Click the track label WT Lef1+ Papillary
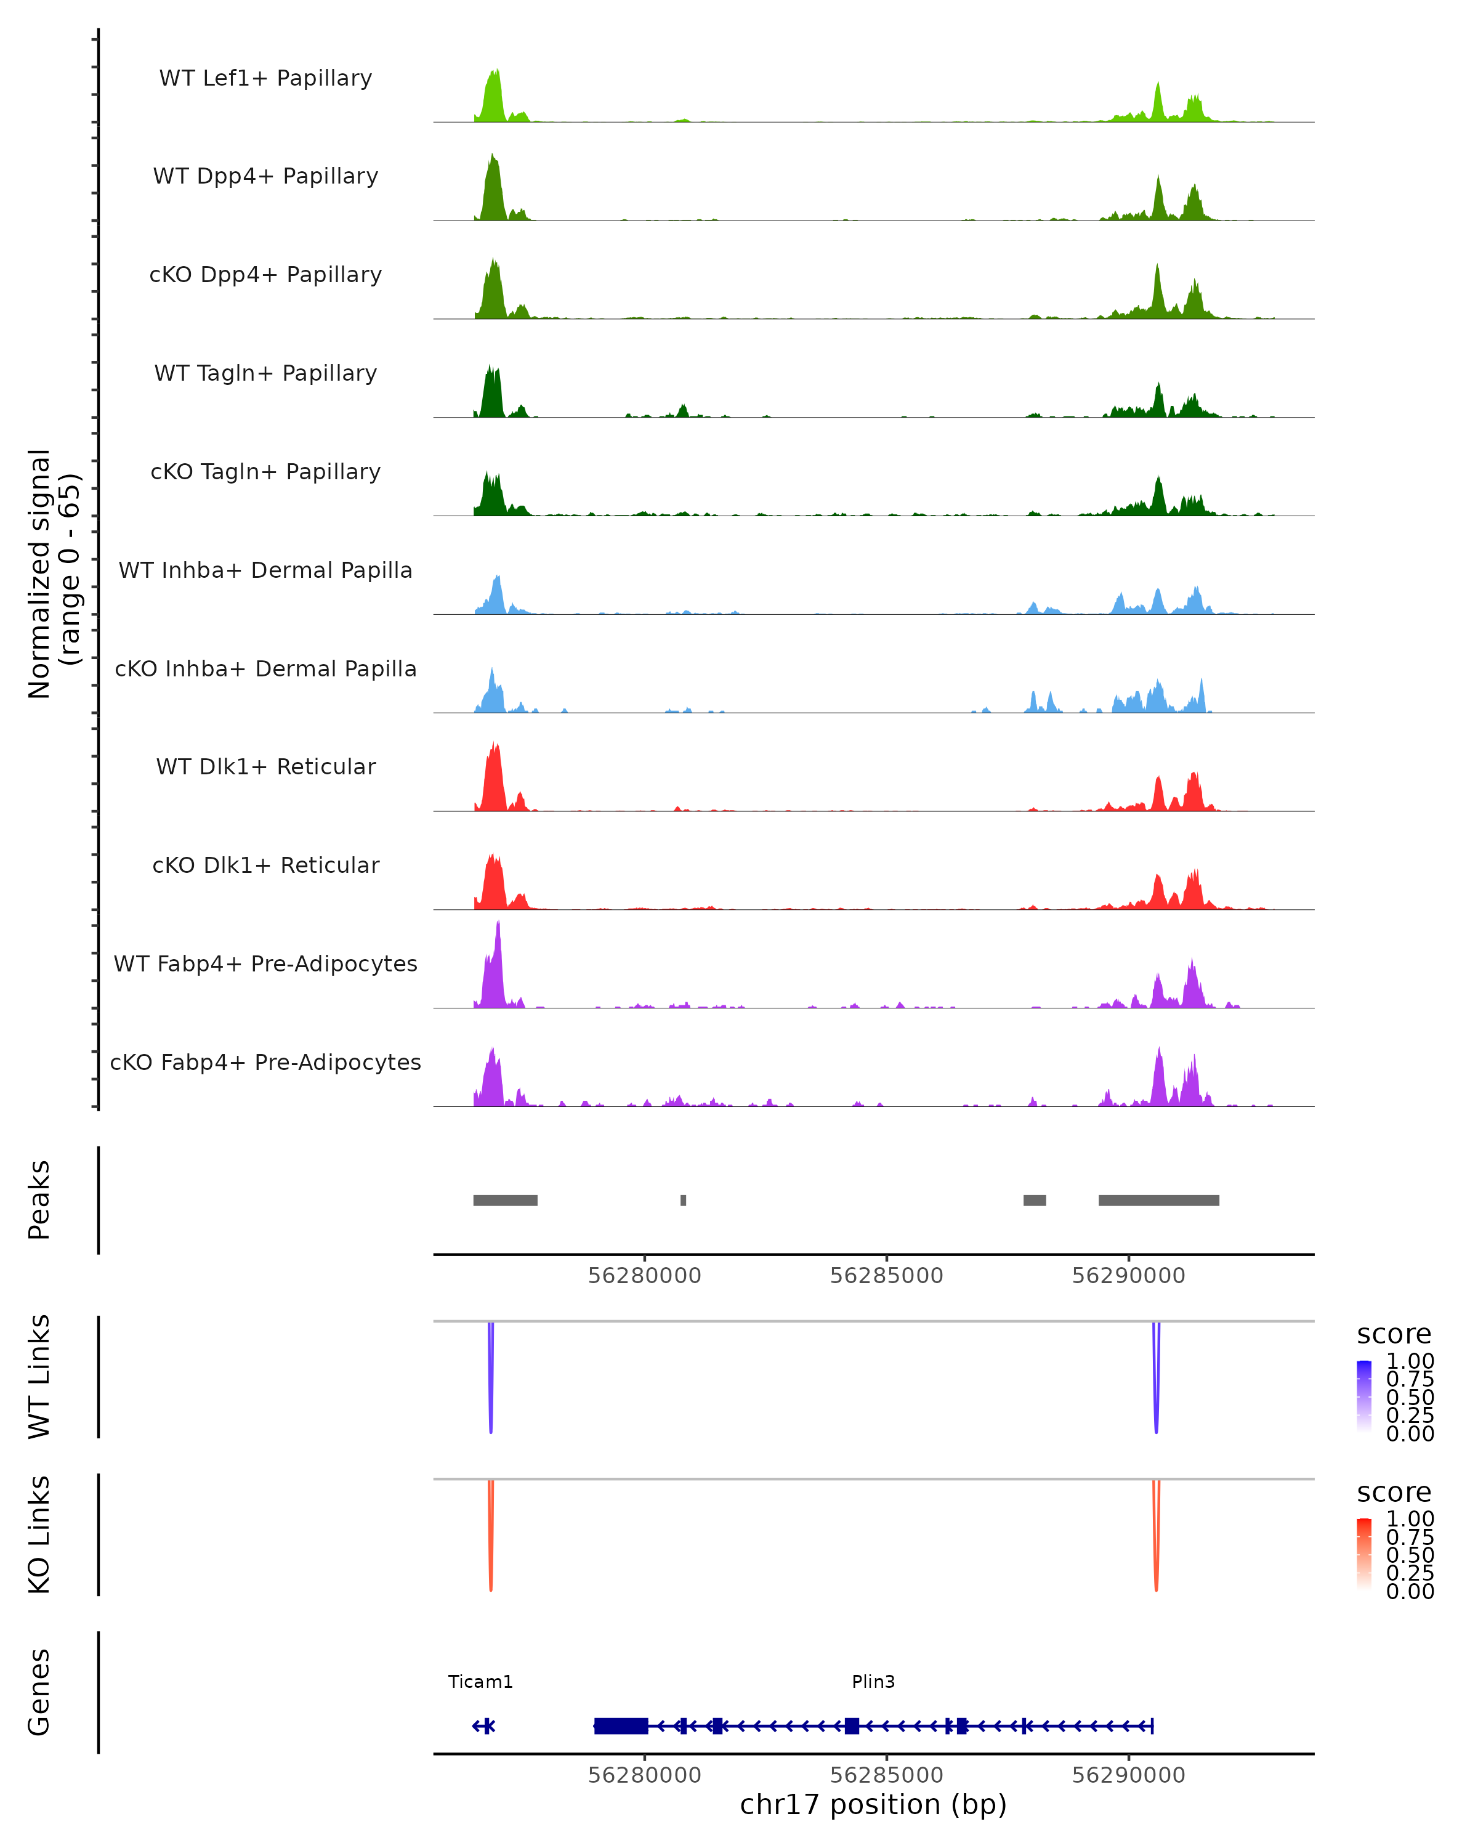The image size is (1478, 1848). pyautogui.click(x=265, y=78)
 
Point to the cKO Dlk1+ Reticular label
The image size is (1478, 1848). pyautogui.click(x=265, y=865)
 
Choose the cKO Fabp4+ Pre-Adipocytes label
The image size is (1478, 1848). pyautogui.click(x=265, y=1062)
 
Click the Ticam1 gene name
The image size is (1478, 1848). pyautogui.click(x=480, y=1681)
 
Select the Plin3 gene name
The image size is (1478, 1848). pyautogui.click(x=873, y=1681)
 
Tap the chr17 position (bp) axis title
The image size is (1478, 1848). pyautogui.click(x=873, y=1804)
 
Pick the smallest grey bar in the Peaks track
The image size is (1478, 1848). pyautogui.click(x=683, y=1200)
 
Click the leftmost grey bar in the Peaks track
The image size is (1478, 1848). pyautogui.click(x=506, y=1200)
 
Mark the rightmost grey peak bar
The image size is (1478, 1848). pyautogui.click(x=1158, y=1200)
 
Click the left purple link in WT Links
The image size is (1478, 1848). pyautogui.click(x=490, y=1380)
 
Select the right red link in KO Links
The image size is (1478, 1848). pyautogui.click(x=1156, y=1539)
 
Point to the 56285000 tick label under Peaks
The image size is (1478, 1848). pyautogui.click(x=886, y=1276)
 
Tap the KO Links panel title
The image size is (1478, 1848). pyautogui.click(x=39, y=1534)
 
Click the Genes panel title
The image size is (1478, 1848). pyautogui.click(x=39, y=1692)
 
